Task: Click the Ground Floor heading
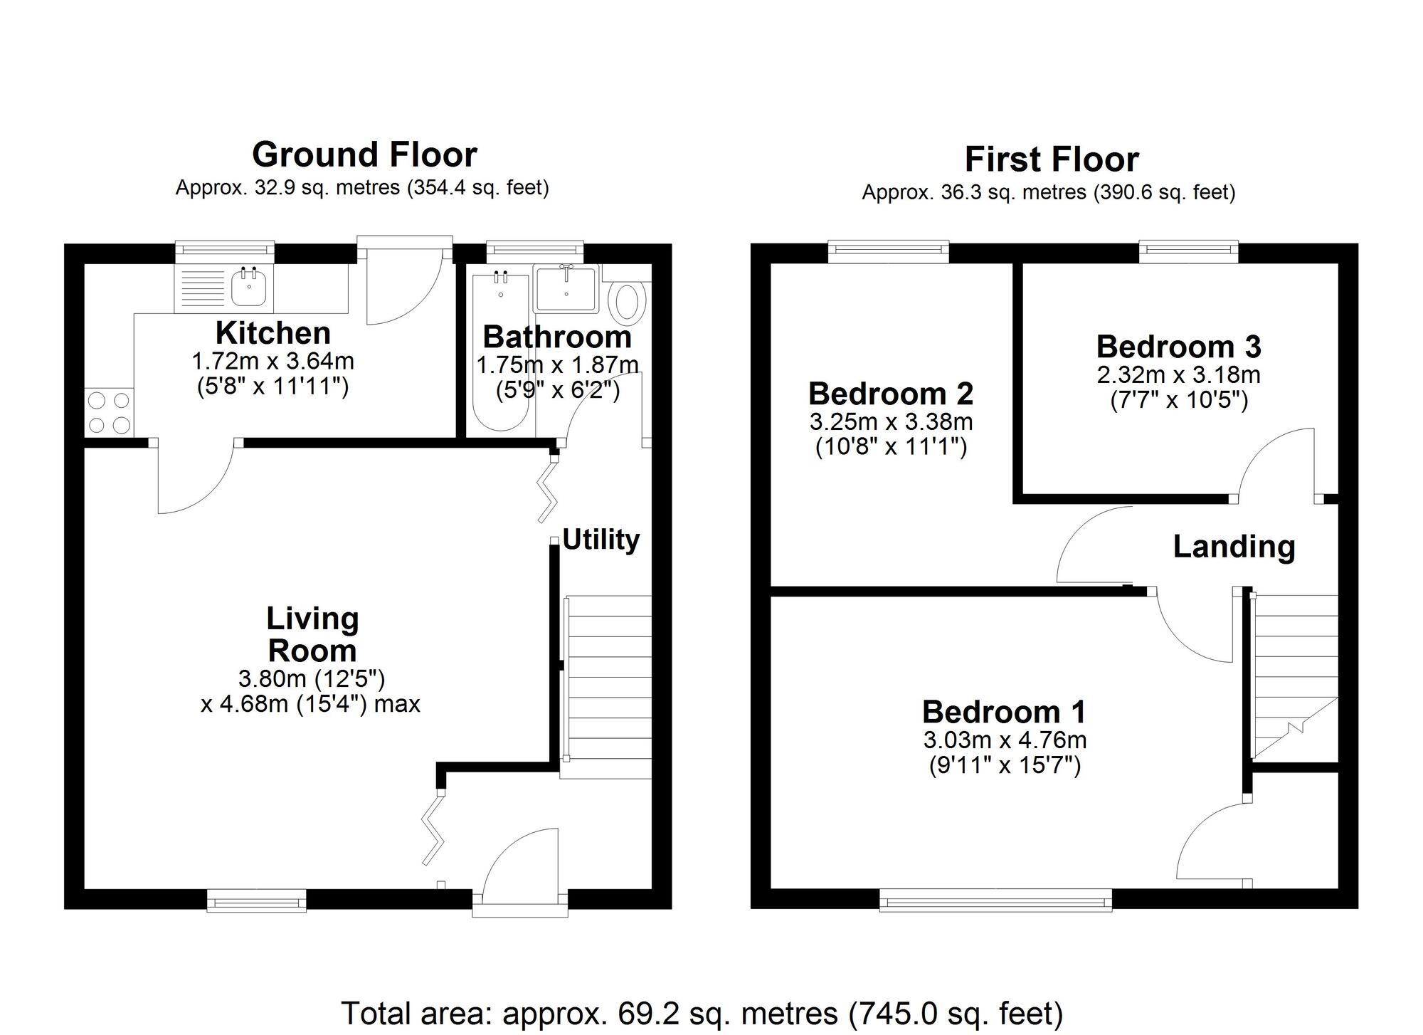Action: click(x=364, y=154)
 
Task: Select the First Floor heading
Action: click(x=1052, y=159)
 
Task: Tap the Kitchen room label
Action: click(x=273, y=332)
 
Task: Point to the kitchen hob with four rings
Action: click(x=109, y=412)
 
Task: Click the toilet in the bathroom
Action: click(x=627, y=300)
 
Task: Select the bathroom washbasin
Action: click(x=566, y=288)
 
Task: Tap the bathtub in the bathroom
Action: click(x=501, y=352)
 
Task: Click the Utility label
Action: click(x=601, y=540)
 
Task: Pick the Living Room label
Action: click(x=312, y=634)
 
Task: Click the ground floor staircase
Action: click(x=607, y=687)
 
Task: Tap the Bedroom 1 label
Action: click(x=1005, y=711)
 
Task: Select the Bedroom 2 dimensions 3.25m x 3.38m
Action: click(x=891, y=421)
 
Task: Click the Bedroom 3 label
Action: click(x=1179, y=347)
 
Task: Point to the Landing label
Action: click(x=1234, y=547)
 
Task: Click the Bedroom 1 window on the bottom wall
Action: click(x=995, y=900)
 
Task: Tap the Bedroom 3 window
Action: click(x=1189, y=252)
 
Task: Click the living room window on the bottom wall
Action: click(x=257, y=900)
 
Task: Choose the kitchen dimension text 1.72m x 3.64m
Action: click(x=273, y=361)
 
